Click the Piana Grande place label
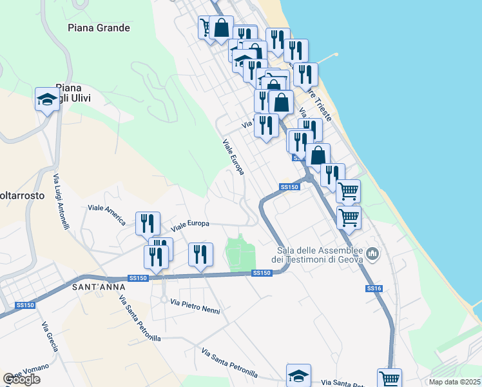click(99, 28)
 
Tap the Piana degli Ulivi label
click(73, 92)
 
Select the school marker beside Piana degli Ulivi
click(47, 99)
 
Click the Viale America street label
click(106, 214)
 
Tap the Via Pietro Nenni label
click(195, 306)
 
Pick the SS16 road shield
click(374, 289)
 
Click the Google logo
click(21, 379)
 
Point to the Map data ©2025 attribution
click(454, 382)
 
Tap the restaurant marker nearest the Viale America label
click(148, 223)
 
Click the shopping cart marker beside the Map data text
click(389, 378)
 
